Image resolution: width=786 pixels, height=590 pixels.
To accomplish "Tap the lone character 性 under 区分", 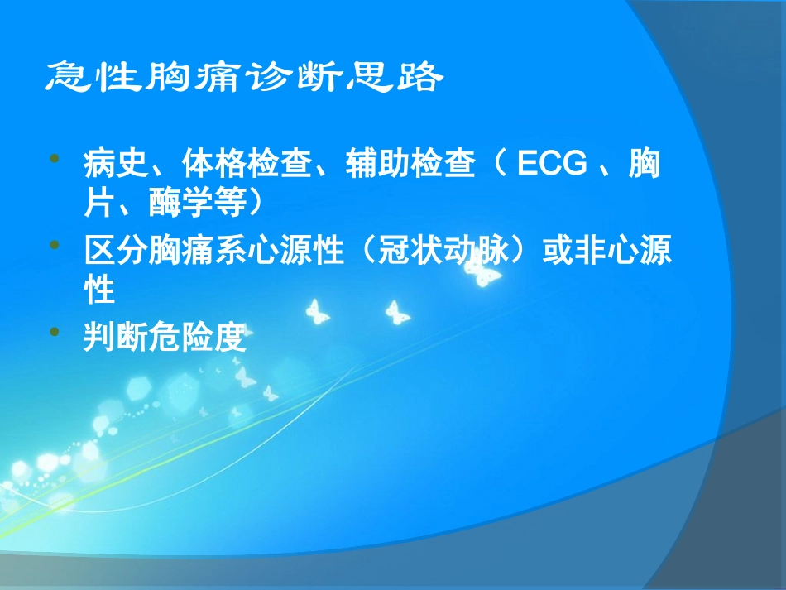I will pyautogui.click(x=98, y=290).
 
